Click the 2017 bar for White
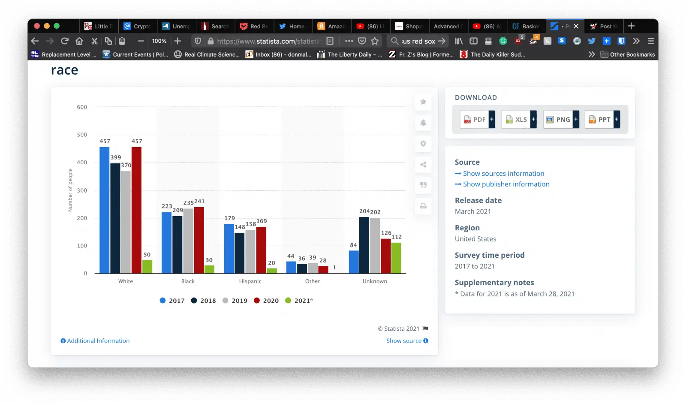pyautogui.click(x=104, y=210)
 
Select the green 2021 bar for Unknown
pyautogui.click(x=396, y=258)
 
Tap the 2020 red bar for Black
pyautogui.click(x=199, y=240)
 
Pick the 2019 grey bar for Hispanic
pyautogui.click(x=250, y=252)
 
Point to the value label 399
pyautogui.click(x=116, y=157)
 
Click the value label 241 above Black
pyautogui.click(x=200, y=201)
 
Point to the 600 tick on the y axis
pyautogui.click(x=82, y=107)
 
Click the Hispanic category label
pyautogui.click(x=250, y=281)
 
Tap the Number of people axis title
pyautogui.click(x=70, y=190)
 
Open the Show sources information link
pyautogui.click(x=503, y=173)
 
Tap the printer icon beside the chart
pyautogui.click(x=423, y=206)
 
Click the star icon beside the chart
pyautogui.click(x=423, y=102)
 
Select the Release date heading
pyautogui.click(x=478, y=200)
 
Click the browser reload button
pyautogui.click(x=65, y=41)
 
